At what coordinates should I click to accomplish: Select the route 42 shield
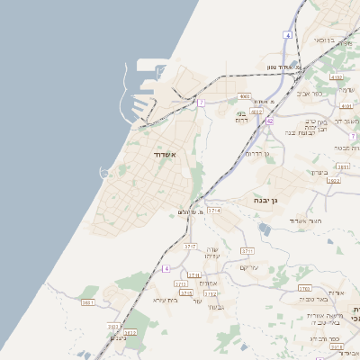[270, 120]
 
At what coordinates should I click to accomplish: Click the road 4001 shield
[244, 96]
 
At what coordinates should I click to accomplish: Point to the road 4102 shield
[337, 79]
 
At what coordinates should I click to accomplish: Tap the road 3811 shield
[343, 166]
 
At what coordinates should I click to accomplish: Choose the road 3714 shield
[213, 210]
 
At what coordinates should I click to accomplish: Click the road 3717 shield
[190, 246]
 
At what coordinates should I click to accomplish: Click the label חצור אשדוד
[304, 220]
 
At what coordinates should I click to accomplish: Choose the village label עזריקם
[250, 266]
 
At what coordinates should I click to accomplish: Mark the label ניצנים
[119, 337]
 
